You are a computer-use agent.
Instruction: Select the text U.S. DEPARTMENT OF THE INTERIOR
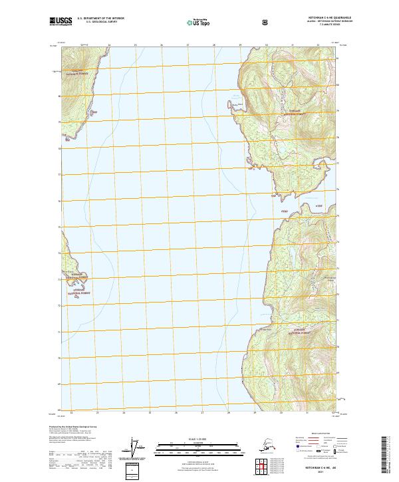[100, 18]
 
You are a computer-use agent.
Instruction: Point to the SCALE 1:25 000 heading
[199, 437]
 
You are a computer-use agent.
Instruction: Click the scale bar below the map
[199, 444]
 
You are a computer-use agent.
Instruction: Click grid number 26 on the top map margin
[162, 45]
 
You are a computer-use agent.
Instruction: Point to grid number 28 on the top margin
[213, 45]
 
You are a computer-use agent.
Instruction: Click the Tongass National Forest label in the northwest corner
[77, 74]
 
